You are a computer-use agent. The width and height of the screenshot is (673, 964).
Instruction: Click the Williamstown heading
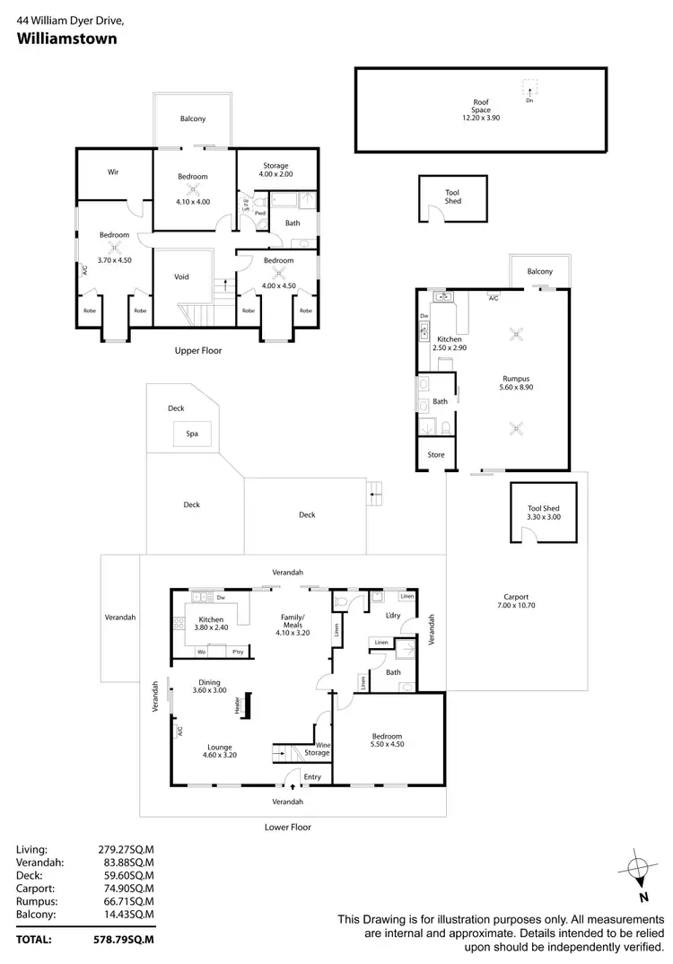(66, 39)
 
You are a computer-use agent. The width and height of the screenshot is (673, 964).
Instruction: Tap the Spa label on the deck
(191, 434)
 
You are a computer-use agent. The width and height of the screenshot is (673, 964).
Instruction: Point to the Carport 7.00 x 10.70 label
(515, 602)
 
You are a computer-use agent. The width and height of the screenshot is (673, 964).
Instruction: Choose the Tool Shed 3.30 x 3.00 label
(544, 513)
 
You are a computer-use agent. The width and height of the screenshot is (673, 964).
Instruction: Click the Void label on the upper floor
(181, 277)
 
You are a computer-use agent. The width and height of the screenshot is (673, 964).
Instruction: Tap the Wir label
(114, 172)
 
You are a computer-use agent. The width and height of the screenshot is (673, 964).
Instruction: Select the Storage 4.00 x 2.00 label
(275, 170)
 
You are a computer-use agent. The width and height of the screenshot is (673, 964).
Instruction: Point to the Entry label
(312, 777)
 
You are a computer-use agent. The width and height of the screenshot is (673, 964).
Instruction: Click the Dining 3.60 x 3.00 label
(209, 685)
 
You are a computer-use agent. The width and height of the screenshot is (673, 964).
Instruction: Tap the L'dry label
(392, 615)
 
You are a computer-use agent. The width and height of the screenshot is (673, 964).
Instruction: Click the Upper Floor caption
(198, 351)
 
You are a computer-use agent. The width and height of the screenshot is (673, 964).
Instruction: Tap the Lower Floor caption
(288, 827)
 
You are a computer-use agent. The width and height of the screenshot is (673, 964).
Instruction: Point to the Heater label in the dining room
(238, 706)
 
